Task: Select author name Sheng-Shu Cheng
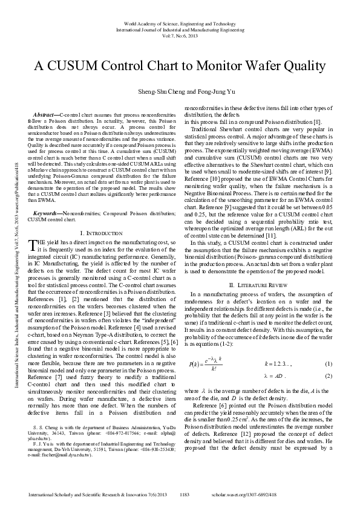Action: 157,91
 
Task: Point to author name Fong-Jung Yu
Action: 205,91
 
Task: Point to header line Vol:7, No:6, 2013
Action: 180,35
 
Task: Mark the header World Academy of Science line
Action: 180,23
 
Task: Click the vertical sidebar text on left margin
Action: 13,254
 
